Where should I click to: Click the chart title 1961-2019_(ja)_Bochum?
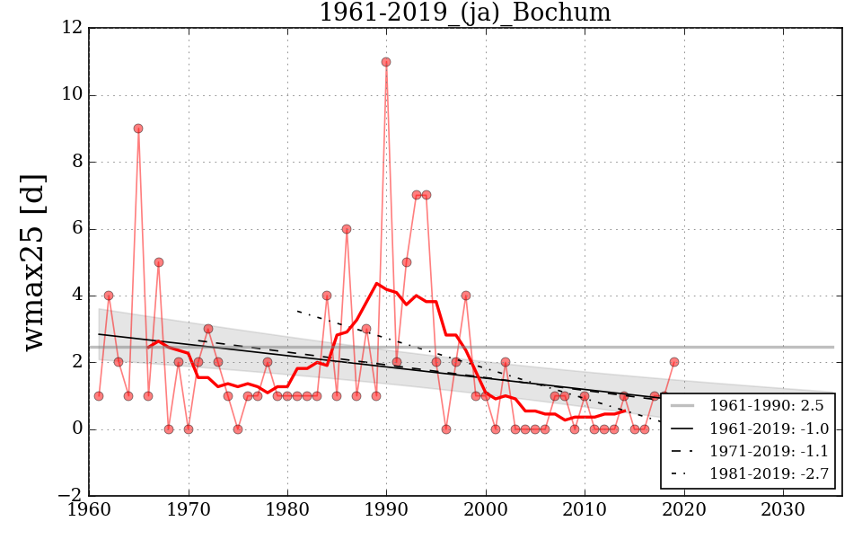click(x=464, y=13)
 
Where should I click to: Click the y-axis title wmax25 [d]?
click(x=33, y=262)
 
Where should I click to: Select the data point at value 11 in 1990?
click(x=386, y=62)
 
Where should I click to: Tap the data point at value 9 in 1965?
click(x=138, y=128)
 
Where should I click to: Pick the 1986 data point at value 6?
click(x=347, y=228)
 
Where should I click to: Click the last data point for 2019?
click(x=673, y=362)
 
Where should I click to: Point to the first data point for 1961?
click(x=99, y=395)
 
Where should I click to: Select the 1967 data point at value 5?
click(x=158, y=262)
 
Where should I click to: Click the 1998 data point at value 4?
click(x=466, y=296)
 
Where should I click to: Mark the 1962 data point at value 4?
click(x=109, y=296)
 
